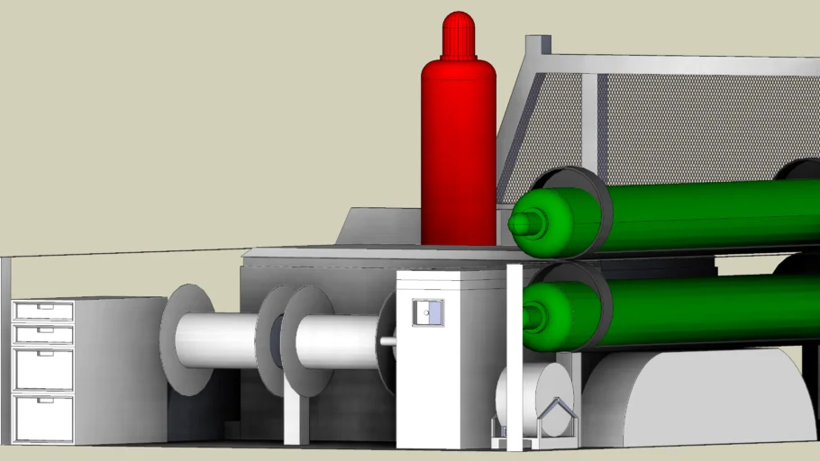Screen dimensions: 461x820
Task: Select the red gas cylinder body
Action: [458, 153]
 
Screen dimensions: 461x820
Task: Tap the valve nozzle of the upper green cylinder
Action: [524, 223]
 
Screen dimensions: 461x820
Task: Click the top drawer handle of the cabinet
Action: [43, 308]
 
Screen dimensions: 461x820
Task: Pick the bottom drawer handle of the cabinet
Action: [43, 400]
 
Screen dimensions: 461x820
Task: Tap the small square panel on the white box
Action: [428, 312]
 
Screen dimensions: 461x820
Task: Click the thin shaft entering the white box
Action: [388, 341]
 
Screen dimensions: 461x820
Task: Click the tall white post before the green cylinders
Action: [515, 360]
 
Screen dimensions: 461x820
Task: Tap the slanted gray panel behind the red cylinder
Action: [378, 227]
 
